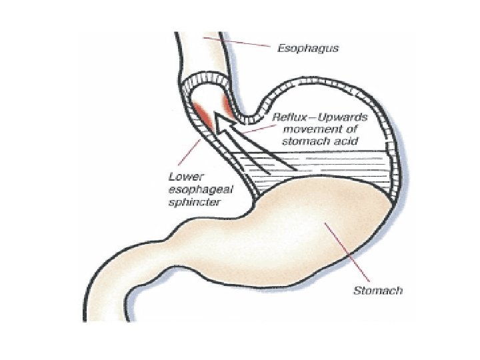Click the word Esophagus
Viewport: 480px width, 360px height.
308,48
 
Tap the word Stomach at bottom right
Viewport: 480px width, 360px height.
377,291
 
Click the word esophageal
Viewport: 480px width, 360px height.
193,189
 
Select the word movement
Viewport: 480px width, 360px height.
298,129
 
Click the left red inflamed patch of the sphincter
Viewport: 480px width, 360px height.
203,117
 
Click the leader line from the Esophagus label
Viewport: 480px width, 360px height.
240,43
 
